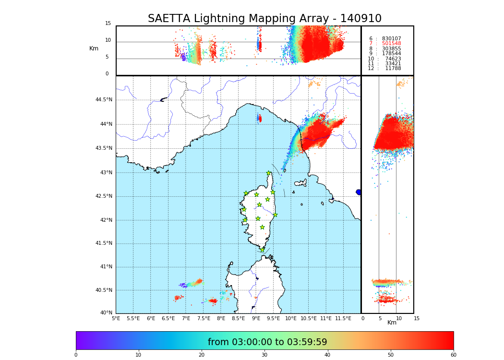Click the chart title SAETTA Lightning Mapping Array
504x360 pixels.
[264, 19]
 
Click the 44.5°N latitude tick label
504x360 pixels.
[103, 100]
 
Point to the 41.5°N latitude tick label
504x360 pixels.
[103, 243]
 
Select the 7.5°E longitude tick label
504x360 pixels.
[204, 318]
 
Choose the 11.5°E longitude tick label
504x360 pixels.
[343, 318]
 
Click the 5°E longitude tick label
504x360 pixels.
[116, 318]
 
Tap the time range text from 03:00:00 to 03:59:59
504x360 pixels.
[267, 342]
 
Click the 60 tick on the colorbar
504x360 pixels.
[453, 355]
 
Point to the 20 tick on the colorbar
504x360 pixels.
[202, 355]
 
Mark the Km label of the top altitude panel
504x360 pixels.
[94, 48]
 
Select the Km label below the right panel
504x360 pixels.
[392, 323]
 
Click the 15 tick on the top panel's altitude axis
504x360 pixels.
[108, 24]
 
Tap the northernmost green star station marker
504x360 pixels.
[269, 173]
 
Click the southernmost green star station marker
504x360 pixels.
[262, 250]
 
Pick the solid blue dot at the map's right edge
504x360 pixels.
[359, 192]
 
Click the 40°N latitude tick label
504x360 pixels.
[106, 313]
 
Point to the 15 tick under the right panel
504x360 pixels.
[417, 318]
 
